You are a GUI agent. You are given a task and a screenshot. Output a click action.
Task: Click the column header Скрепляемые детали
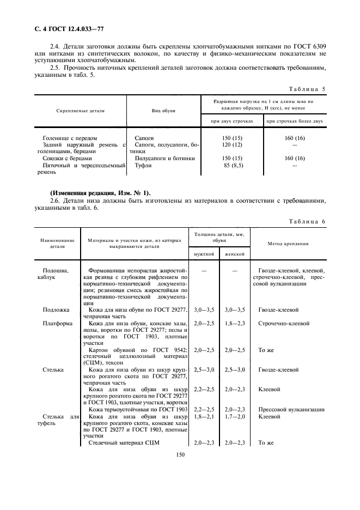click(80, 110)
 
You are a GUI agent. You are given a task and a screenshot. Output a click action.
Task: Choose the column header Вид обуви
click(163, 110)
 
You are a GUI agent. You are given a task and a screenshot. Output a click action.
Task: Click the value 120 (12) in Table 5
click(233, 145)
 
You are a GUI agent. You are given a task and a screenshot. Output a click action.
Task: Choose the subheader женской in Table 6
click(234, 254)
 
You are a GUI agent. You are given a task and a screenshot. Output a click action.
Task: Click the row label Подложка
click(56, 309)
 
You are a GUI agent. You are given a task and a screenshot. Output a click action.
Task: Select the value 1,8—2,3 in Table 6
click(234, 323)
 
